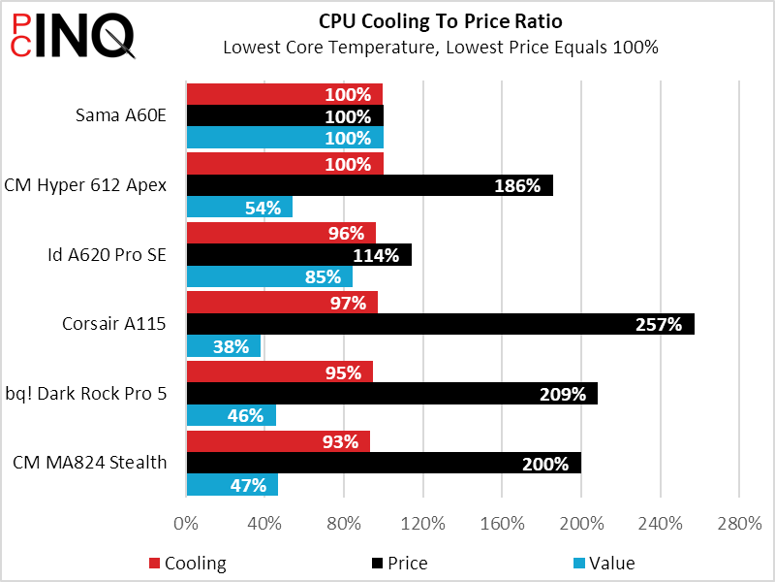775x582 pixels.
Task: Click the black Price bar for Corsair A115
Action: click(440, 325)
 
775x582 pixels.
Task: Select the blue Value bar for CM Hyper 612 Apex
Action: click(239, 208)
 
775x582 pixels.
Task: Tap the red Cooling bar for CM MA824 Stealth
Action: click(278, 441)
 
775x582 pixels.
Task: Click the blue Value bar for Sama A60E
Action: click(285, 138)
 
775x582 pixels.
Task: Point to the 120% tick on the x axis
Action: click(424, 524)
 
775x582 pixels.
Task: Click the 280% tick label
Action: click(739, 524)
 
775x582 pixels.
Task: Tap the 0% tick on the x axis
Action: click(185, 524)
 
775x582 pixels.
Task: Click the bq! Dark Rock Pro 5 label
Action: click(86, 394)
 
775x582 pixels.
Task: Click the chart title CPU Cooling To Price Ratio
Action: click(440, 21)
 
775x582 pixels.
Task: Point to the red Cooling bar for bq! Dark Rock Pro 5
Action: click(279, 372)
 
